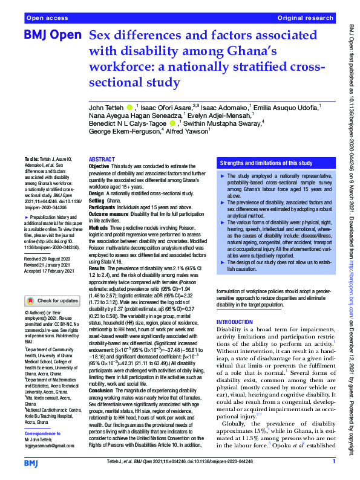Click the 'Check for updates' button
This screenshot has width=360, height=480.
pos(53,300)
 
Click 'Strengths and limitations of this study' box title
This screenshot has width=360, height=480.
pos(266,163)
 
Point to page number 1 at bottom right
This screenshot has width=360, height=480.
pos(333,462)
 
